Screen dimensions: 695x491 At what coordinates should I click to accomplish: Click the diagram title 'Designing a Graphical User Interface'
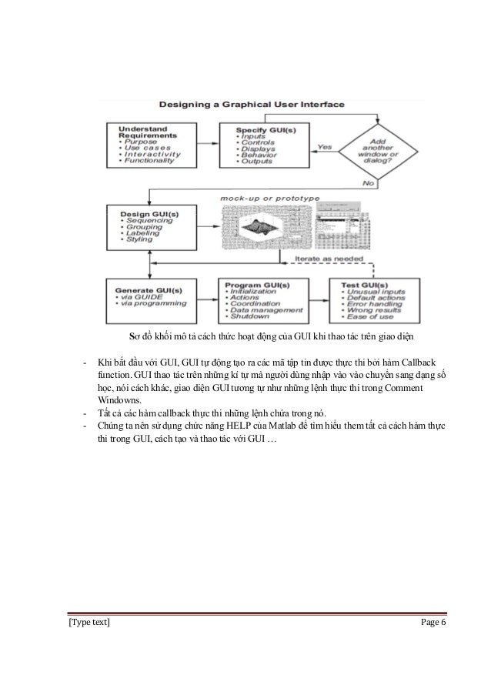tap(261, 105)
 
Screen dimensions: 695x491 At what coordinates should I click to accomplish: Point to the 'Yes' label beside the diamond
tap(325, 146)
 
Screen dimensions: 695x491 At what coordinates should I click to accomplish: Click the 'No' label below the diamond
tap(369, 185)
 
